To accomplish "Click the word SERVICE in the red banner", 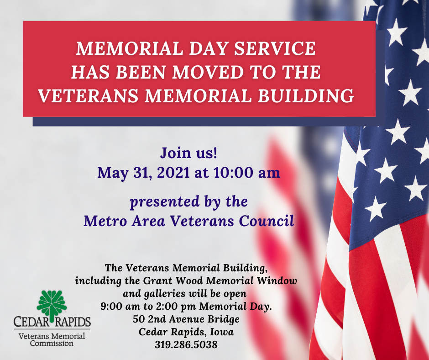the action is click(275, 48).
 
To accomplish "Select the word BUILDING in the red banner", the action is click(306, 96).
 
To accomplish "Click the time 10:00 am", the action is click(247, 173).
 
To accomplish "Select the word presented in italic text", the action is click(164, 202).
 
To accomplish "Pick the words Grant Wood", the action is click(173, 281).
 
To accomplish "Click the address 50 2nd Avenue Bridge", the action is click(186, 319).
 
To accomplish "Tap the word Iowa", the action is click(222, 332).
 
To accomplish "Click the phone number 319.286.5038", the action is click(186, 344).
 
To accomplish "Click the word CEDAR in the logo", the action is click(32, 322).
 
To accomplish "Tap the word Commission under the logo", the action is click(52, 343).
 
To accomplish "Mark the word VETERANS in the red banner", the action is click(88, 96).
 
